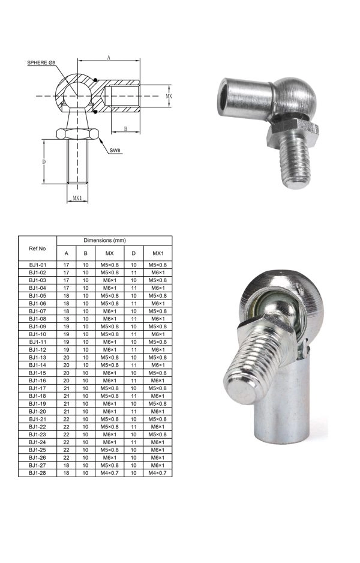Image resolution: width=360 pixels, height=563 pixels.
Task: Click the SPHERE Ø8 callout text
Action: coord(40,63)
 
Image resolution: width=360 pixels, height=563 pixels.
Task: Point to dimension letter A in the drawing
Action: coord(108,57)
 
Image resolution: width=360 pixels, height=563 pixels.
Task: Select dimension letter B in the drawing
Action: coord(125,129)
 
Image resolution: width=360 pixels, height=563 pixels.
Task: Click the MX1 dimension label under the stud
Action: coord(77,197)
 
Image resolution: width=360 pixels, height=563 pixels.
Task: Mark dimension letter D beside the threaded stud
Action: coord(44,162)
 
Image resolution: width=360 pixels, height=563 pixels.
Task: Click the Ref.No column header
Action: coord(37,248)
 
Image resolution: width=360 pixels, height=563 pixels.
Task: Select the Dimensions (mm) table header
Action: coord(114,240)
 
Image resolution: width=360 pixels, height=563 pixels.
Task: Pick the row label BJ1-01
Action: coord(37,264)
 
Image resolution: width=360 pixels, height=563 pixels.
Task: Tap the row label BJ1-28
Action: coord(37,473)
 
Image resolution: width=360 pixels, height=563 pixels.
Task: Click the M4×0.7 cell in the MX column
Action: coord(109,473)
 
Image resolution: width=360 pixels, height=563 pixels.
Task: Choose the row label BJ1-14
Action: coord(37,365)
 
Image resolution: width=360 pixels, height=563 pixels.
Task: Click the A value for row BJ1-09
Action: coord(66,326)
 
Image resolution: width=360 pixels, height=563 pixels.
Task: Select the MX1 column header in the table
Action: coord(158,253)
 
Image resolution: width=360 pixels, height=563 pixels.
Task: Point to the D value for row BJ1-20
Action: coord(134,411)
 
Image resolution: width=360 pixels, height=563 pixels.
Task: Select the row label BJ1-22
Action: coord(37,427)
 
